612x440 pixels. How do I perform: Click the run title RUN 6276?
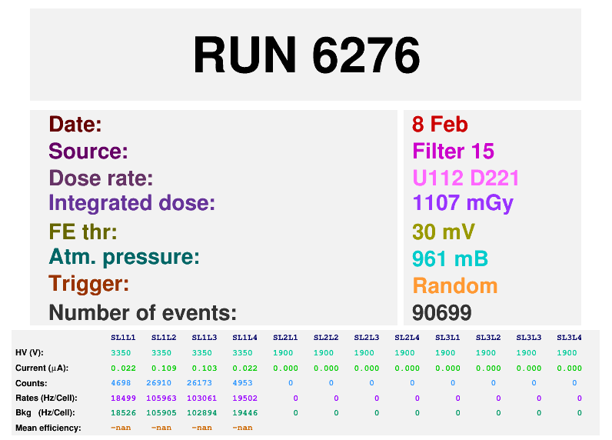tap(307, 55)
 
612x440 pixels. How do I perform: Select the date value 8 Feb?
tap(440, 124)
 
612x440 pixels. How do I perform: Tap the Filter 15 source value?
tap(453, 151)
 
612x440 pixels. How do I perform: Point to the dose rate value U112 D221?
tap(466, 178)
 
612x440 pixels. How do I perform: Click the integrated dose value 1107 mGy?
tap(463, 203)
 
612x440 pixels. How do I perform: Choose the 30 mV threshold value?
tap(444, 232)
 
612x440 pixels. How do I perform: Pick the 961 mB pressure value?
tap(450, 258)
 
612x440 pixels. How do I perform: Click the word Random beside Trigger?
tap(455, 286)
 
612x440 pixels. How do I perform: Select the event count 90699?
tap(442, 313)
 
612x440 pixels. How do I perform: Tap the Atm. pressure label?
tap(124, 257)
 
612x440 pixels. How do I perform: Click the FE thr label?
tap(83, 232)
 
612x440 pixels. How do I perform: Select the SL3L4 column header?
tap(569, 338)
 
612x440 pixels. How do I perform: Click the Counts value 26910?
tap(159, 383)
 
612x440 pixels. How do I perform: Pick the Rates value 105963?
tap(161, 398)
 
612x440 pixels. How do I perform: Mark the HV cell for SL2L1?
tap(283, 353)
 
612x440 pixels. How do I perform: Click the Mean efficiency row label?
tap(48, 428)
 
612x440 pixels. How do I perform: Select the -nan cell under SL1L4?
tap(242, 428)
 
